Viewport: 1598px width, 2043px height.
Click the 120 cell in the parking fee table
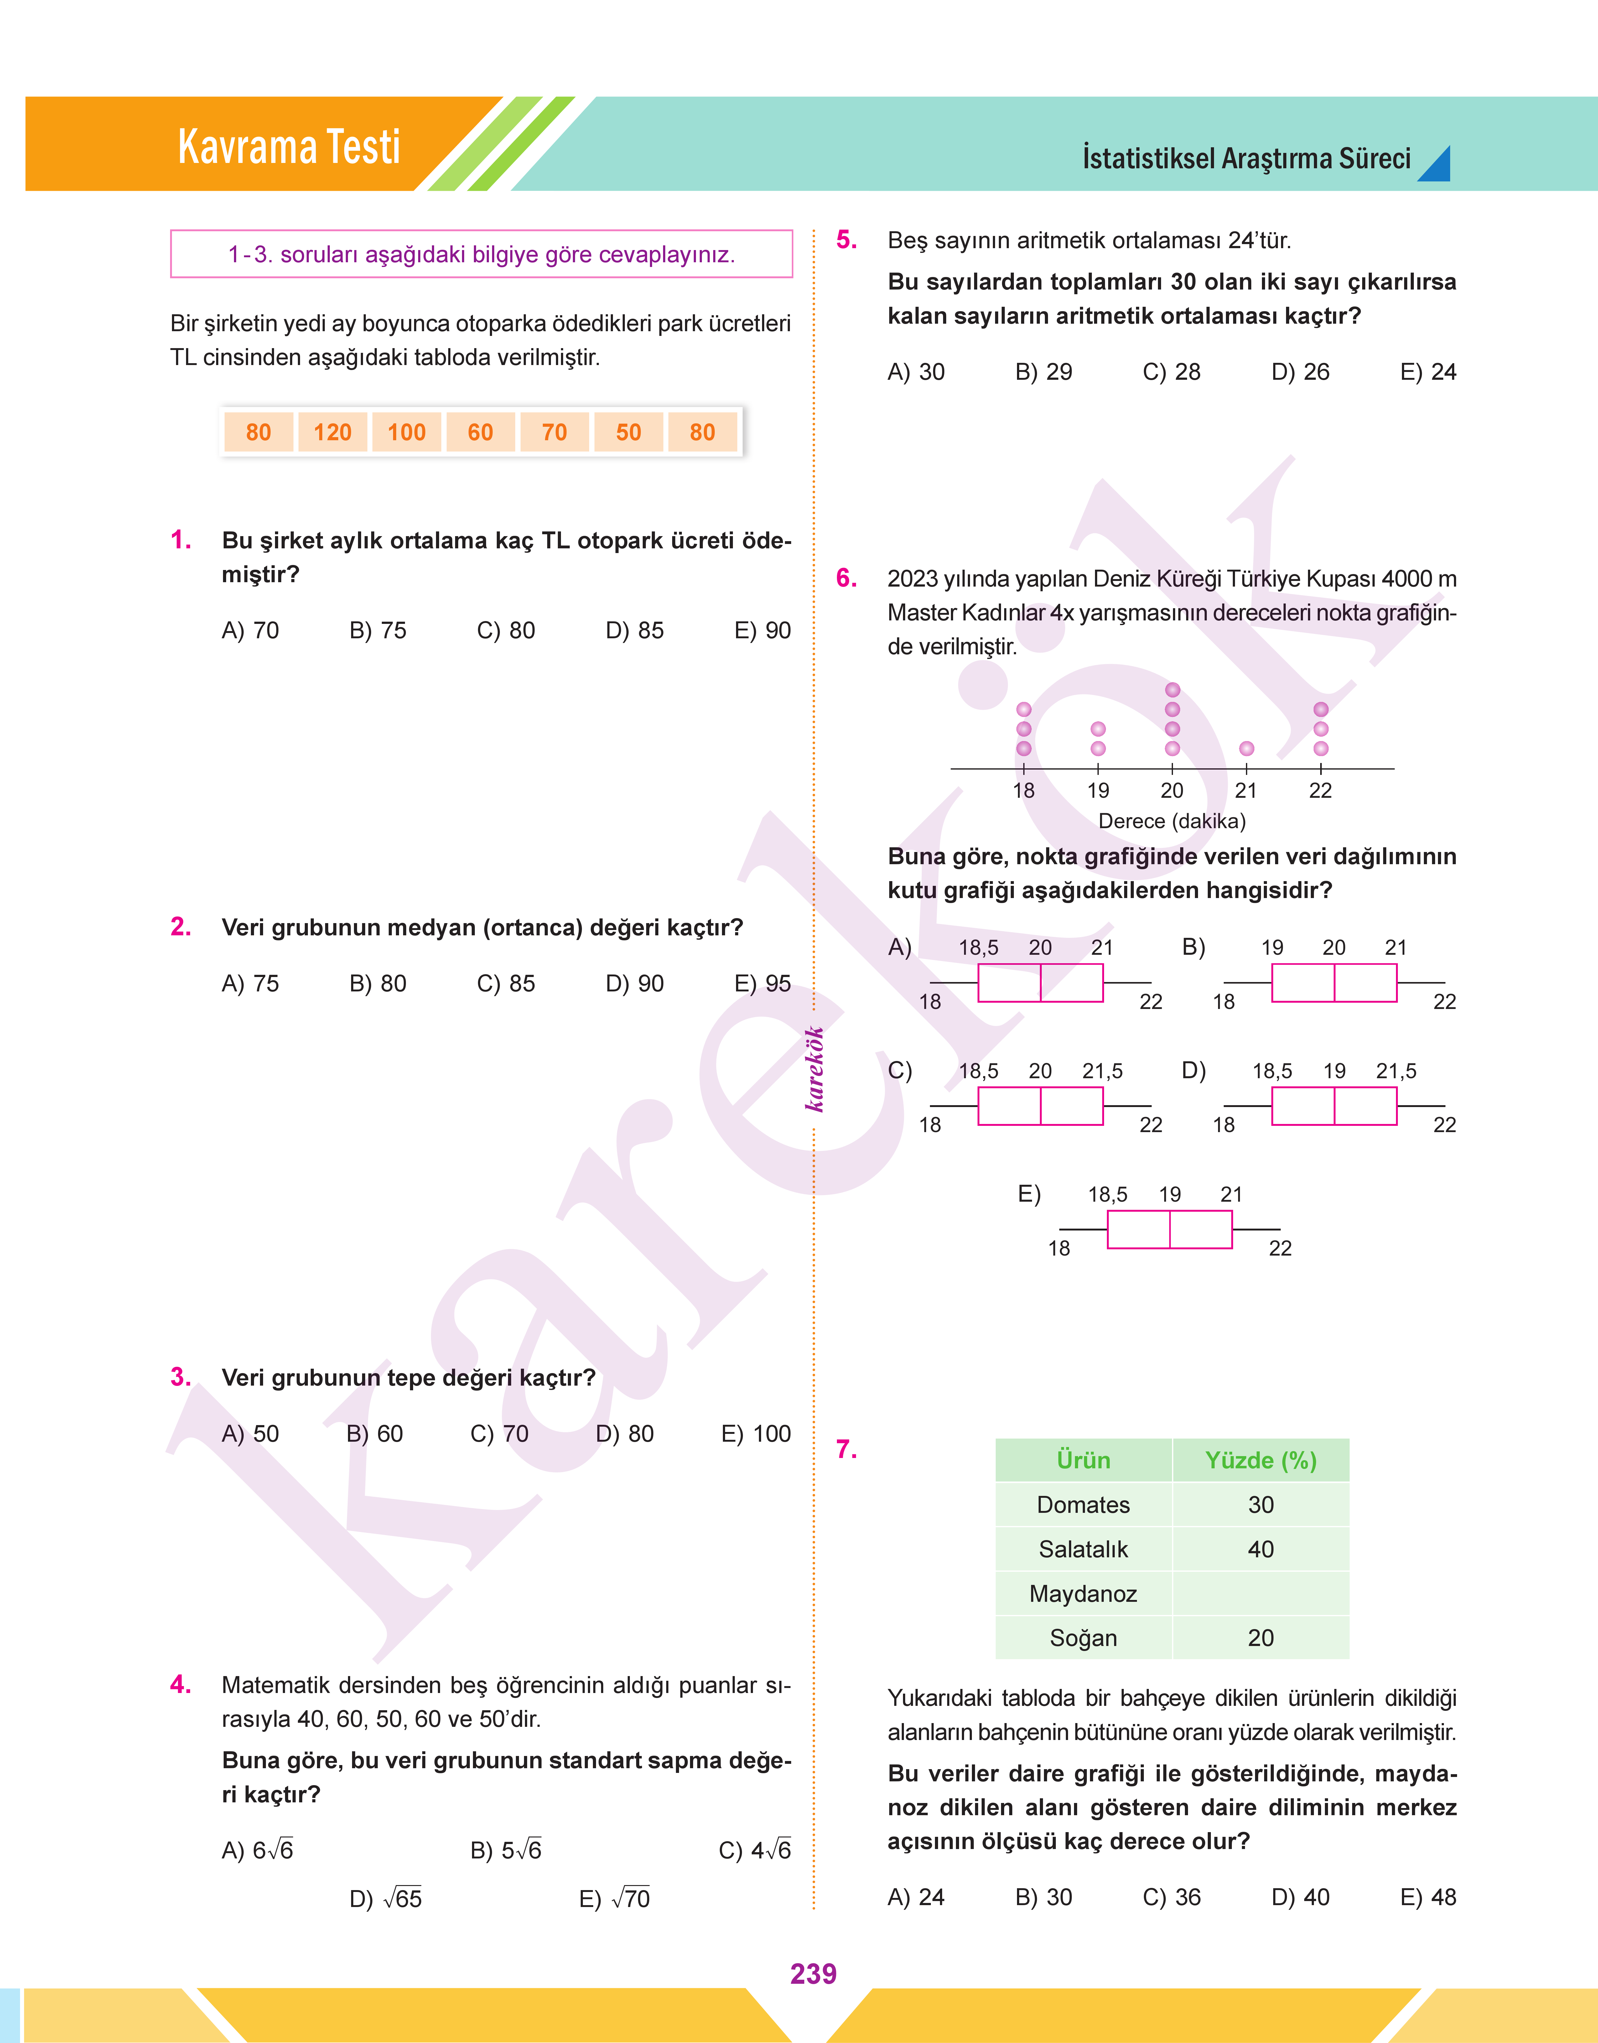pyautogui.click(x=332, y=432)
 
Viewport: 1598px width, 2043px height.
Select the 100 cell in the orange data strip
pyautogui.click(x=406, y=432)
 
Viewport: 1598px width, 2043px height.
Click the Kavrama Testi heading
pyautogui.click(x=289, y=147)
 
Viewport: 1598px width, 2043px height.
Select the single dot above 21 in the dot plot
pyautogui.click(x=1246, y=749)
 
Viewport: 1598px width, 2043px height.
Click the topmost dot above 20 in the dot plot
pyautogui.click(x=1172, y=690)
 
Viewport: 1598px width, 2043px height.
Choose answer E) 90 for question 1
pyautogui.click(x=763, y=631)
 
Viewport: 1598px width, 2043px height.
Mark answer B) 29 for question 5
pyautogui.click(x=1043, y=373)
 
